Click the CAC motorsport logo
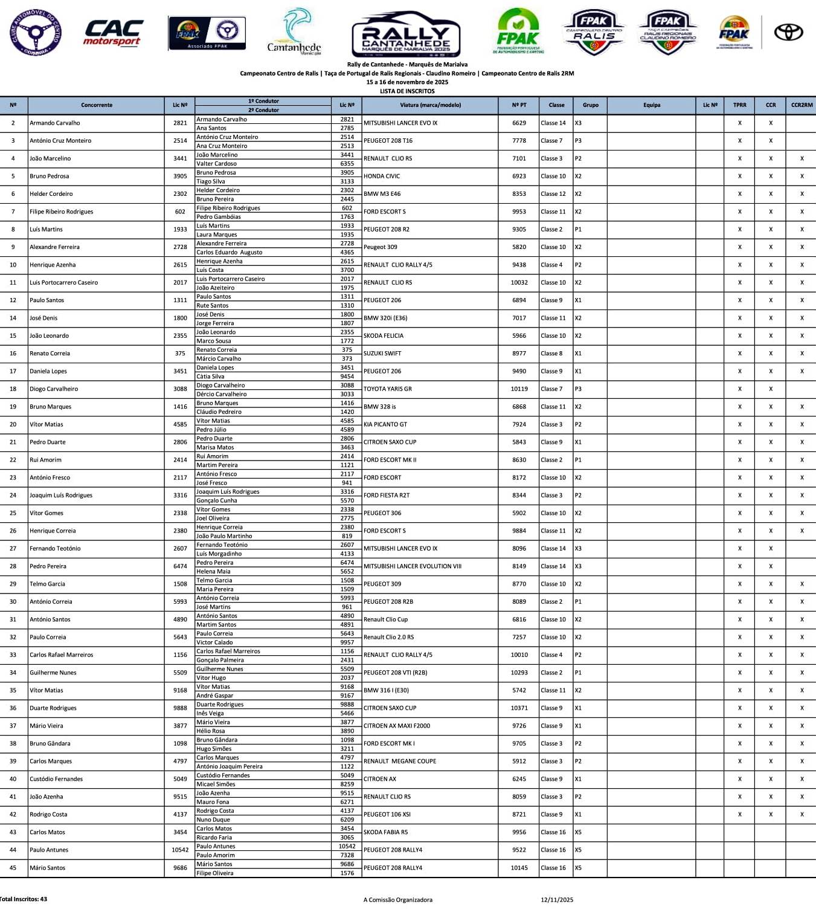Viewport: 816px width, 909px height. [x=113, y=33]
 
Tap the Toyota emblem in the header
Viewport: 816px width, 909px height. [x=788, y=32]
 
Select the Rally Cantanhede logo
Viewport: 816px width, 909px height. [x=406, y=34]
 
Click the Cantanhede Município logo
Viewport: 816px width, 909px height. [x=294, y=32]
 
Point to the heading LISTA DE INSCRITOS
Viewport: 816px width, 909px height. [x=407, y=91]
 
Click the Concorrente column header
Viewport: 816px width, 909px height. [x=97, y=105]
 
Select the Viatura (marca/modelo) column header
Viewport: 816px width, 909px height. [x=430, y=105]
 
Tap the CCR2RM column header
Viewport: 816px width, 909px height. [x=802, y=105]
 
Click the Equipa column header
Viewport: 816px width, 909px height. [x=652, y=105]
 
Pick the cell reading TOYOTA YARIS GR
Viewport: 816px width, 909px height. [x=388, y=389]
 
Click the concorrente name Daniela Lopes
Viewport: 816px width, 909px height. [x=48, y=372]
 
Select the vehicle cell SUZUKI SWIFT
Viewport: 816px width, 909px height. [x=382, y=354]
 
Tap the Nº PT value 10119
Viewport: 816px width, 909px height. [x=519, y=389]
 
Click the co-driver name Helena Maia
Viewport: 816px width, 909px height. [x=213, y=572]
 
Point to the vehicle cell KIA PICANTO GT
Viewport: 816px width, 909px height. [x=385, y=425]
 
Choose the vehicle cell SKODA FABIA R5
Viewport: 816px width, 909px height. [x=385, y=832]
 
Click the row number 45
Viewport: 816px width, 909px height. [x=13, y=868]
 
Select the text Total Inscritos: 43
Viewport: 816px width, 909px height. [x=24, y=899]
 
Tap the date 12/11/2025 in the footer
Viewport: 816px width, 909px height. [x=557, y=900]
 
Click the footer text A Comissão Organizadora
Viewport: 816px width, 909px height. [x=398, y=900]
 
